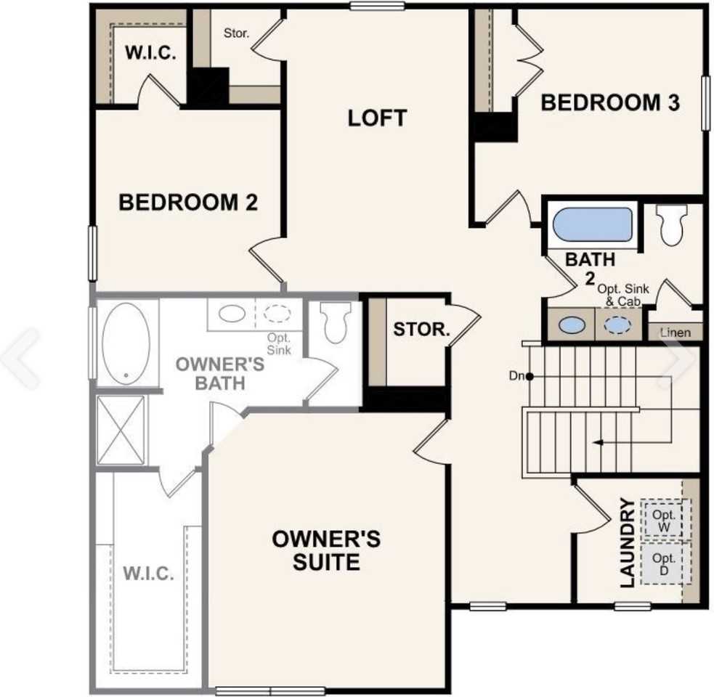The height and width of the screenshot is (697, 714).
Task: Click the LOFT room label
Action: pos(377,118)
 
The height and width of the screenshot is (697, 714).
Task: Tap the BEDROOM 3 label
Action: pos(610,103)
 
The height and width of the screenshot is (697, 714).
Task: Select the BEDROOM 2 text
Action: pos(188,202)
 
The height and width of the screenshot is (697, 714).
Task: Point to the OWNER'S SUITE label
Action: pos(326,550)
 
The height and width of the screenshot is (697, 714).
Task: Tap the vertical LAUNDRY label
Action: pos(628,542)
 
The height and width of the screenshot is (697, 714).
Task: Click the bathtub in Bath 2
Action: pos(592,224)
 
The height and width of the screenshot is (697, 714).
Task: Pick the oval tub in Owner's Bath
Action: pos(126,341)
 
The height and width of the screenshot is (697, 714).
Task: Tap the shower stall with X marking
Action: pos(122,430)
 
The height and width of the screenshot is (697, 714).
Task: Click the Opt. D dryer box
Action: pos(664,563)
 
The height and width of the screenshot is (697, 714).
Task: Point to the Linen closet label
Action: pos(675,333)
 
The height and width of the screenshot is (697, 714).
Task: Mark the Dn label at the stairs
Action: pos(516,376)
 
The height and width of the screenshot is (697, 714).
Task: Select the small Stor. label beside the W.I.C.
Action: pos(237,33)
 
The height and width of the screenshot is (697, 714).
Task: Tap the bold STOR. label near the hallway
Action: pos(422,329)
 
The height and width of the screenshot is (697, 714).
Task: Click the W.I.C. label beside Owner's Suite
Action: pos(148,574)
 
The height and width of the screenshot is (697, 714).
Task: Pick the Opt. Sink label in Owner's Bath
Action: pos(278,344)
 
